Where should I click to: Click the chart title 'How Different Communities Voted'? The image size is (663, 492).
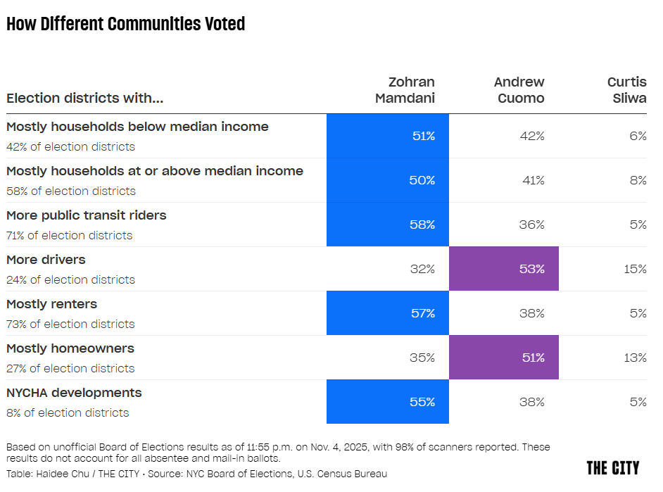(x=125, y=24)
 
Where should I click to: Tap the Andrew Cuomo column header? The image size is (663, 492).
(x=519, y=90)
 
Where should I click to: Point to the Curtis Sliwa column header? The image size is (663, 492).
(x=626, y=90)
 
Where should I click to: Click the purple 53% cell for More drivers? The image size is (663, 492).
(x=504, y=269)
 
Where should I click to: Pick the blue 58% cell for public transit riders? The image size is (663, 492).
(x=388, y=225)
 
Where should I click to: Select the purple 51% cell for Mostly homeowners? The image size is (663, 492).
(x=504, y=358)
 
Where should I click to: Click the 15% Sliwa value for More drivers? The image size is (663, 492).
(x=635, y=269)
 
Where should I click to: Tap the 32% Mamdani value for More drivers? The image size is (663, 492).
(x=422, y=269)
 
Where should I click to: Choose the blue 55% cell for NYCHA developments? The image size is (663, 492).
(x=388, y=402)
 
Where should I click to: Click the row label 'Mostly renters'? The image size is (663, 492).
(x=52, y=304)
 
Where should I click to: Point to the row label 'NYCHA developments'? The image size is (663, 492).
(x=74, y=393)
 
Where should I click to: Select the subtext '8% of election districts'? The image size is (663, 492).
(x=68, y=412)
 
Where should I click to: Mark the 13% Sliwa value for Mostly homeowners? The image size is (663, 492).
(x=635, y=358)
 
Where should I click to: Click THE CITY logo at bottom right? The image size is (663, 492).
(x=612, y=468)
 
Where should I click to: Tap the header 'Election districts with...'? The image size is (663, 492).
(x=84, y=99)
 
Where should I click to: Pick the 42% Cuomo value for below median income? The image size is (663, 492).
(x=532, y=136)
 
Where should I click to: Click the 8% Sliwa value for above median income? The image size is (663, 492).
(x=638, y=180)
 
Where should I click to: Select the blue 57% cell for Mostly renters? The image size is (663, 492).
(x=388, y=313)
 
